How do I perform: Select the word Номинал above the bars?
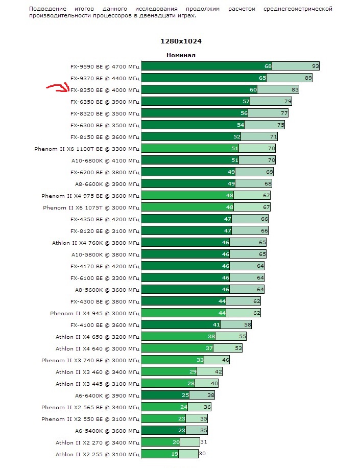181,55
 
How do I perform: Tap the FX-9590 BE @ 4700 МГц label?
105,66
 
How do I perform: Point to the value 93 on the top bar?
316,66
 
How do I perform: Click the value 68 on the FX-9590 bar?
268,66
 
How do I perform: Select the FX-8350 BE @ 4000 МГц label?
105,90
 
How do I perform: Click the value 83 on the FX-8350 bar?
295,90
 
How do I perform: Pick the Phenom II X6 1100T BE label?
86,149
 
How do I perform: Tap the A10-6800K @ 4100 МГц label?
105,160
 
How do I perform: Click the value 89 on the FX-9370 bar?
308,78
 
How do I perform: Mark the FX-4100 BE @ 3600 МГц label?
105,325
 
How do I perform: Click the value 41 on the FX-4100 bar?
217,325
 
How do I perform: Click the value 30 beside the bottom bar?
202,454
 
